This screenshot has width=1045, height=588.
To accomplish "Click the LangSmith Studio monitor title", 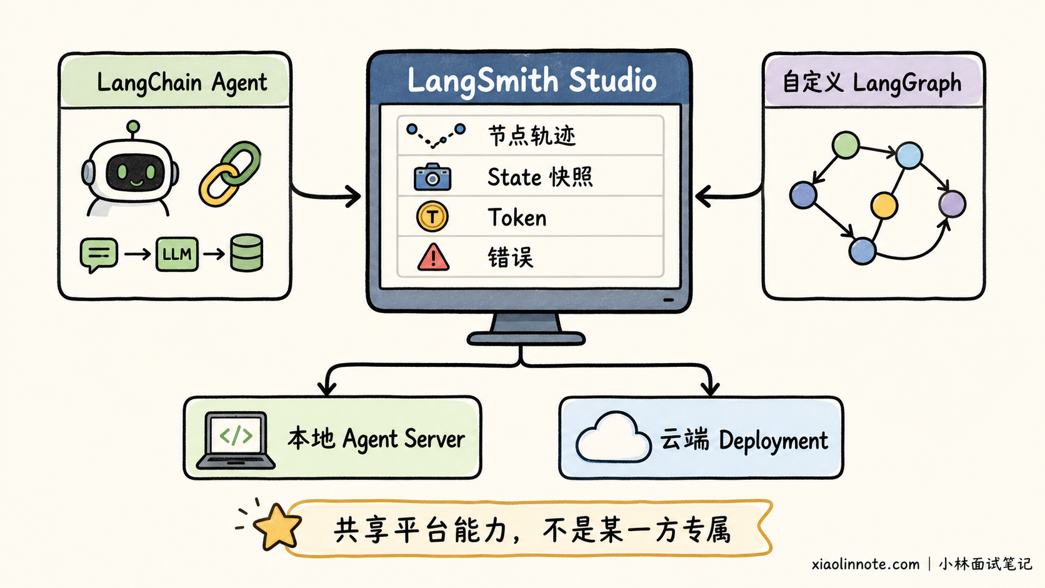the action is coord(532,81).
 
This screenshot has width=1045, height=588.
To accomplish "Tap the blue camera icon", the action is coord(432,177).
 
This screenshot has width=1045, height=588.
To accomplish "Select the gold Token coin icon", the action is coord(432,216).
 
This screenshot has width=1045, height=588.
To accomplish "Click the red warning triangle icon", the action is coord(433,257).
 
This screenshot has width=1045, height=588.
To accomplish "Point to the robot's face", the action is coord(135,172).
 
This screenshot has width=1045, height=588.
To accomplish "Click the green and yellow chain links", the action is coord(230,174).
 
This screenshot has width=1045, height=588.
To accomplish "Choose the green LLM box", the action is coord(177,254).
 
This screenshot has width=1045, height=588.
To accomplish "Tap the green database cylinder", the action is coord(246,252).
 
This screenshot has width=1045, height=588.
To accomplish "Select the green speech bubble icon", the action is coord(98,255).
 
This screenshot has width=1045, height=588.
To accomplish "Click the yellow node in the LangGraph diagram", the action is coord(884,205).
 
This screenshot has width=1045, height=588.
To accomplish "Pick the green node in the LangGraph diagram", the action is coord(846,145).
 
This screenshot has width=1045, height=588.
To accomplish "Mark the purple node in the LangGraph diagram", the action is coord(952,204).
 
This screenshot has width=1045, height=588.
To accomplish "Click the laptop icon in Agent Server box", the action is coord(236,440).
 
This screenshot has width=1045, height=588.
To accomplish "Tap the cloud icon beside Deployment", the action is coord(613,437).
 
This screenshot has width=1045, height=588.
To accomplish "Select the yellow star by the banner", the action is coord(277,526).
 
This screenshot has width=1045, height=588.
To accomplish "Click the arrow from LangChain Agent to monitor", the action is coord(326,196).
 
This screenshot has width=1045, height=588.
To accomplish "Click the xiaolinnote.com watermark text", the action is coord(866,564).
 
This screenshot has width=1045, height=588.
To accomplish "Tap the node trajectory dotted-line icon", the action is coord(436,136).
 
